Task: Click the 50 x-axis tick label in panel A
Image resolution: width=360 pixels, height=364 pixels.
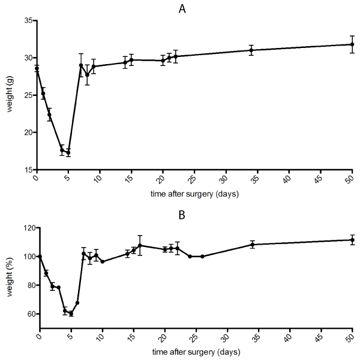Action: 352,180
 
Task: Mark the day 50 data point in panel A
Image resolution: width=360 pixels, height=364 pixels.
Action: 352,44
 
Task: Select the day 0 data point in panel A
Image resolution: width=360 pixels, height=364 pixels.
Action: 37,68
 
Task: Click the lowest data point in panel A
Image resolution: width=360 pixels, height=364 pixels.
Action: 68,152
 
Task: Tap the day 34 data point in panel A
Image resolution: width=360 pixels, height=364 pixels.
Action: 251,50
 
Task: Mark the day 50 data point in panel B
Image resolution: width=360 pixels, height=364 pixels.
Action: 352,240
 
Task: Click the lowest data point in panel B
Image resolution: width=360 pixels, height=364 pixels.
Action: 71,314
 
